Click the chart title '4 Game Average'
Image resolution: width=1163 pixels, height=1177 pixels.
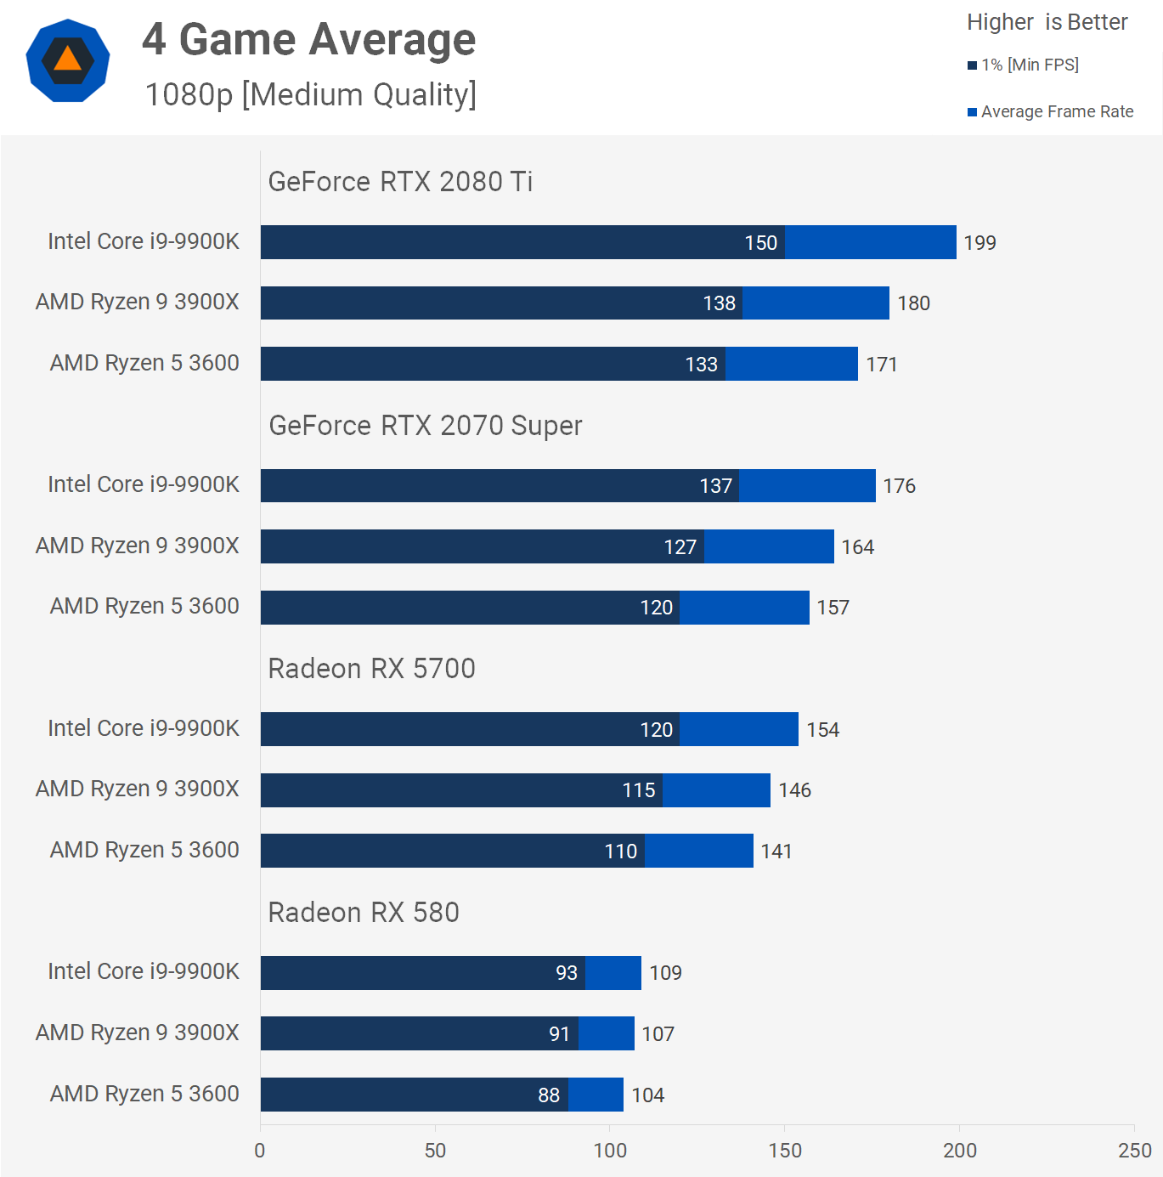tap(308, 40)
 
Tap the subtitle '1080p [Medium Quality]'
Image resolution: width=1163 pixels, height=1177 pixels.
tap(310, 94)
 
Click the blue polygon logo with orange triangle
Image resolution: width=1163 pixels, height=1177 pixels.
tap(68, 60)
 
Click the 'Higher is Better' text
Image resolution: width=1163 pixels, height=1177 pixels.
tap(1047, 22)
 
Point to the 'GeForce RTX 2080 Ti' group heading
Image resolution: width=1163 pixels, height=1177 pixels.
tap(400, 182)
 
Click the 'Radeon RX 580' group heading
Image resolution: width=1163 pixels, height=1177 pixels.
tap(364, 913)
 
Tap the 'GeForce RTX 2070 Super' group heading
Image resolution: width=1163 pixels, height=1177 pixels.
tap(425, 426)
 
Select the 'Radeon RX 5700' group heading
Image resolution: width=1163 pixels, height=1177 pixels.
tap(371, 669)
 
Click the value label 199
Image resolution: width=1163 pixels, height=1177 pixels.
tap(980, 243)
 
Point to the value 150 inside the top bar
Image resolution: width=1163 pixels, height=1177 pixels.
tap(760, 243)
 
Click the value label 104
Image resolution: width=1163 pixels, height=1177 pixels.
tap(647, 1095)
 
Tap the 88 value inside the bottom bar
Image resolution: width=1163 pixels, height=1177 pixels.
tap(549, 1095)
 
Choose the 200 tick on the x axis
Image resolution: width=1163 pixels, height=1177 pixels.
tap(959, 1151)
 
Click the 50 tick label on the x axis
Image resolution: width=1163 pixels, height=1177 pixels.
tap(435, 1151)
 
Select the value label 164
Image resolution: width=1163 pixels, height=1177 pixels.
tap(857, 547)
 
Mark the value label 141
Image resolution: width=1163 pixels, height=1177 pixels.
tap(776, 852)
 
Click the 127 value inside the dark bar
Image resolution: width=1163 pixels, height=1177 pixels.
tap(680, 547)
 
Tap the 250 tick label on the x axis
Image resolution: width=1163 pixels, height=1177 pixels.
tap(1134, 1151)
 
